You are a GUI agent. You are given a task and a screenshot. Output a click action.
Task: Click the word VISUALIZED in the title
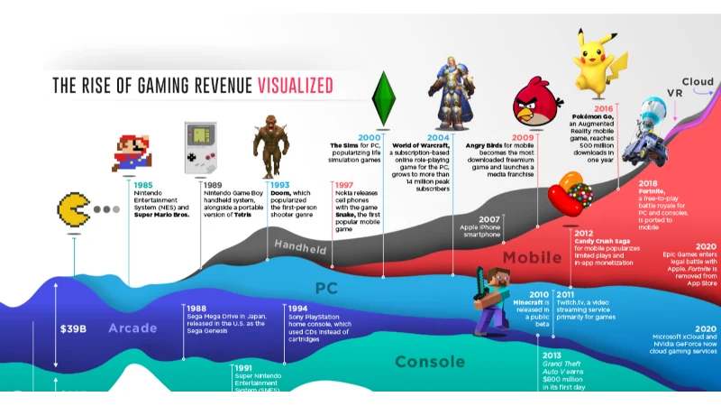tap(296, 86)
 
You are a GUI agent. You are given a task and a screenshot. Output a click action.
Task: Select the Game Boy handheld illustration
tap(200, 147)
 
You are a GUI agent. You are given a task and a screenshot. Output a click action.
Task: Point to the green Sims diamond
tap(384, 99)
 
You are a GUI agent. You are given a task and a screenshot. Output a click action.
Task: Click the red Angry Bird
tap(539, 106)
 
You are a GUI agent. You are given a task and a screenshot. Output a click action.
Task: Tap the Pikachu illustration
tap(599, 60)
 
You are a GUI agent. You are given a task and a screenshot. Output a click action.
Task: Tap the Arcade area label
tap(132, 328)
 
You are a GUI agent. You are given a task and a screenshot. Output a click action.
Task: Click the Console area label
tap(430, 362)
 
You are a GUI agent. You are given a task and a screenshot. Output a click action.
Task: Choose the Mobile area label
tap(532, 258)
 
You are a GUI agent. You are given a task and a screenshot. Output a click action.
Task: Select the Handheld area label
tap(300, 246)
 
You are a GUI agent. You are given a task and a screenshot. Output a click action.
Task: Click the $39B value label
tap(73, 328)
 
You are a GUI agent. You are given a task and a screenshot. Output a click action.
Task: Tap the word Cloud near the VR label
tap(698, 82)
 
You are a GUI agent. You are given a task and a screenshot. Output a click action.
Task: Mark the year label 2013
tap(552, 355)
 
